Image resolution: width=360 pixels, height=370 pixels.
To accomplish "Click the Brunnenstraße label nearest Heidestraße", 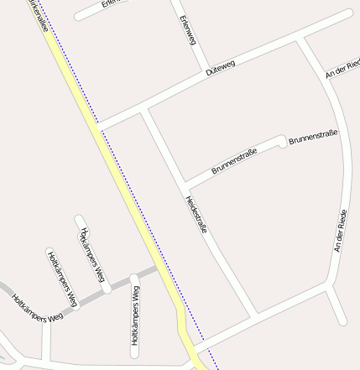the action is pyautogui.click(x=234, y=160).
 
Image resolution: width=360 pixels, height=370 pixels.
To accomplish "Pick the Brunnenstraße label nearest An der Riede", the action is pyautogui.click(x=313, y=138).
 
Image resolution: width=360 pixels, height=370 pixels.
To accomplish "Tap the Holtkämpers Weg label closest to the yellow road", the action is pyautogui.click(x=134, y=316).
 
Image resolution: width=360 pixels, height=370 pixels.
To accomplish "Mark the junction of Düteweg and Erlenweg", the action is pyautogui.click(x=204, y=71).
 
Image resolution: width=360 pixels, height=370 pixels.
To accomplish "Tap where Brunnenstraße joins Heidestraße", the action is pyautogui.click(x=185, y=184).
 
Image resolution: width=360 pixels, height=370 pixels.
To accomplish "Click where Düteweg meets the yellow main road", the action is pyautogui.click(x=100, y=127).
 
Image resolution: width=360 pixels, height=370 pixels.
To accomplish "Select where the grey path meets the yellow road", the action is pyautogui.click(x=157, y=268).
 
